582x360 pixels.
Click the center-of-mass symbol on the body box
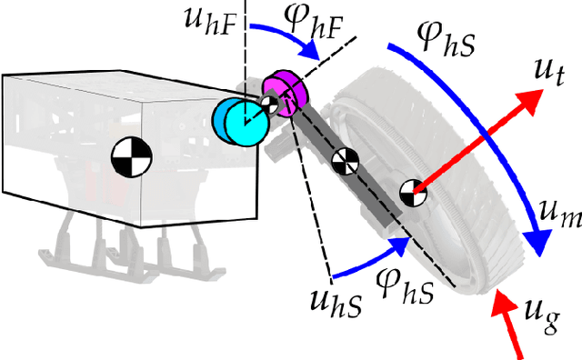click(127, 157)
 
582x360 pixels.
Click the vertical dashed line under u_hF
click(245, 64)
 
